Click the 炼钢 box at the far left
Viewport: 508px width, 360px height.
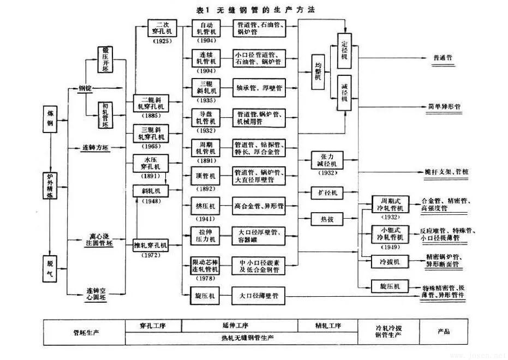coord(50,117)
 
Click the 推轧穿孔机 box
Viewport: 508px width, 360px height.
coord(151,246)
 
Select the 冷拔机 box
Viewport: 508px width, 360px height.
coord(390,262)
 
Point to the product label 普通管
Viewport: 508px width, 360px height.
coord(445,58)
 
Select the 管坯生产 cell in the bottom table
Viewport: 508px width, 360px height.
coord(84,332)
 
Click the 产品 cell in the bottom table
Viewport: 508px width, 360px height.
coord(444,331)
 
